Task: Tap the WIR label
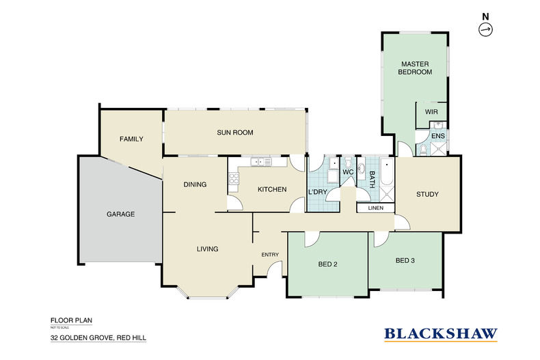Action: [431, 111]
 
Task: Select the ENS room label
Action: [438, 137]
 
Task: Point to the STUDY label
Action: [427, 195]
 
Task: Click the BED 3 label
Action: [405, 260]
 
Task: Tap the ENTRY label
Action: [269, 255]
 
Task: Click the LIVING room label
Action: [207, 249]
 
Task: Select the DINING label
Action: [195, 184]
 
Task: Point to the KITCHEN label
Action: [271, 189]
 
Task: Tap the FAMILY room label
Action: [131, 139]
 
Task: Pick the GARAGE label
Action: [120, 214]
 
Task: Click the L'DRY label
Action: [317, 192]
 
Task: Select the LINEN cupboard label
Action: [375, 208]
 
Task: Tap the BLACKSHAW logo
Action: [441, 334]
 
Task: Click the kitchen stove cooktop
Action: [233, 178]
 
